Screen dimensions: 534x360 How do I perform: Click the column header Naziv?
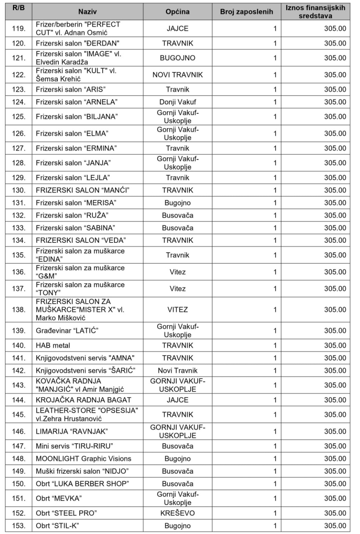pyautogui.click(x=87, y=12)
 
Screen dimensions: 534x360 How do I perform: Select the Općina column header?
pyautogui.click(x=177, y=12)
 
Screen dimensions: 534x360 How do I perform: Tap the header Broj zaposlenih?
pyautogui.click(x=246, y=12)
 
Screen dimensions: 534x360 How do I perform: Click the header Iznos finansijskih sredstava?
pyautogui.click(x=315, y=12)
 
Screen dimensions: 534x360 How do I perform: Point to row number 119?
pyautogui.click(x=19, y=28)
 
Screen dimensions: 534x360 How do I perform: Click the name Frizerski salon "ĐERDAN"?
pyautogui.click(x=78, y=43)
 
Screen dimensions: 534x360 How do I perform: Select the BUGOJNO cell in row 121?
pyautogui.click(x=177, y=58)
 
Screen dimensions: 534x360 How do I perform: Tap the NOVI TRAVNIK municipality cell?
pyautogui.click(x=177, y=75)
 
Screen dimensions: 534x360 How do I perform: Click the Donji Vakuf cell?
pyautogui.click(x=177, y=102)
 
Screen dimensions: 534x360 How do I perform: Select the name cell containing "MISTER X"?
pyautogui.click(x=80, y=310)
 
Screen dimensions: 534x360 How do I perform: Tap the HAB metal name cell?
pyautogui.click(x=53, y=345)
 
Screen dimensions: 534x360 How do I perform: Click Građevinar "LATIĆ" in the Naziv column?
pyautogui.click(x=67, y=331)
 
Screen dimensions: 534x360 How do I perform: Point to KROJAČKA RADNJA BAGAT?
pyautogui.click(x=84, y=400)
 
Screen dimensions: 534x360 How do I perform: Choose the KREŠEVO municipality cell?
pyautogui.click(x=177, y=513)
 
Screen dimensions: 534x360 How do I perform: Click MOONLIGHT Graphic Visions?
pyautogui.click(x=84, y=459)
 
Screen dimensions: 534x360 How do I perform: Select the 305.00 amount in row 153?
pyautogui.click(x=335, y=526)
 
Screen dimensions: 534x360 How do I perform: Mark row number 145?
pyautogui.click(x=19, y=414)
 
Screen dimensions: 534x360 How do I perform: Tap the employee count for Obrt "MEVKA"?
pyautogui.click(x=275, y=498)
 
